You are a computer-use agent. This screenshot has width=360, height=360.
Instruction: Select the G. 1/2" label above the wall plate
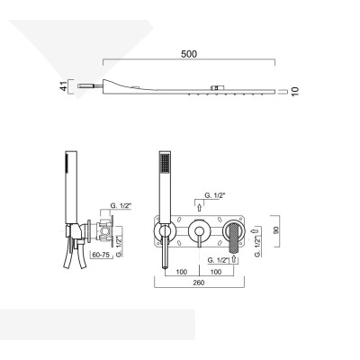[x=215, y=195]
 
